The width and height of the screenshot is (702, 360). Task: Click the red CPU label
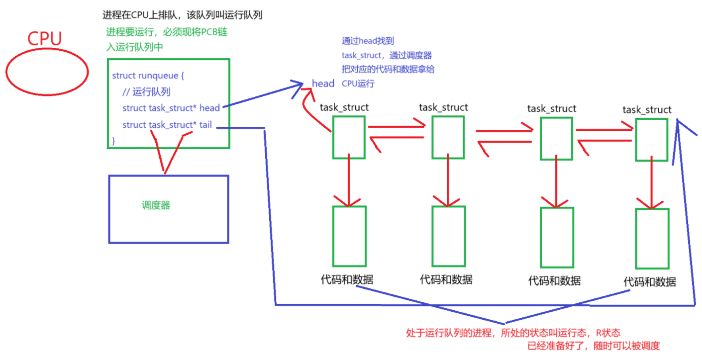pos(44,38)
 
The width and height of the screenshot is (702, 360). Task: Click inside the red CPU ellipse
pos(47,72)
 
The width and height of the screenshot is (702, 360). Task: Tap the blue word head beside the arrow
pos(323,84)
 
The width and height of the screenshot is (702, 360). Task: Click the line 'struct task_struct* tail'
pos(167,125)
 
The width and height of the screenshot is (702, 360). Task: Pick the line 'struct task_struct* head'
pos(171,108)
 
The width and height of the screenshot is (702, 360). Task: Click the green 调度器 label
pos(156,205)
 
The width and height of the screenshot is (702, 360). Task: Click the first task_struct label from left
pos(344,107)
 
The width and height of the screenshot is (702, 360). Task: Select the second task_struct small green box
pos(447,137)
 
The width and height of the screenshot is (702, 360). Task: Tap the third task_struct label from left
pos(552,108)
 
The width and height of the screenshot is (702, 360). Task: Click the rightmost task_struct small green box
pos(651,140)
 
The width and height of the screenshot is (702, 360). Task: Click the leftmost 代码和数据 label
pos(347,279)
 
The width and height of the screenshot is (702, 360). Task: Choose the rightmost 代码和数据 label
pos(650,282)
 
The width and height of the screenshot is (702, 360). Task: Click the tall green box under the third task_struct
pos(557,237)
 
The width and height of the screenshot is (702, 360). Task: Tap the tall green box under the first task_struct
pos(349,236)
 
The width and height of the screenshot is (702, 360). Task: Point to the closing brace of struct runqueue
pos(114,141)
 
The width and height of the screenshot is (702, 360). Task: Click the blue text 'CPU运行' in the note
pos(358,84)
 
